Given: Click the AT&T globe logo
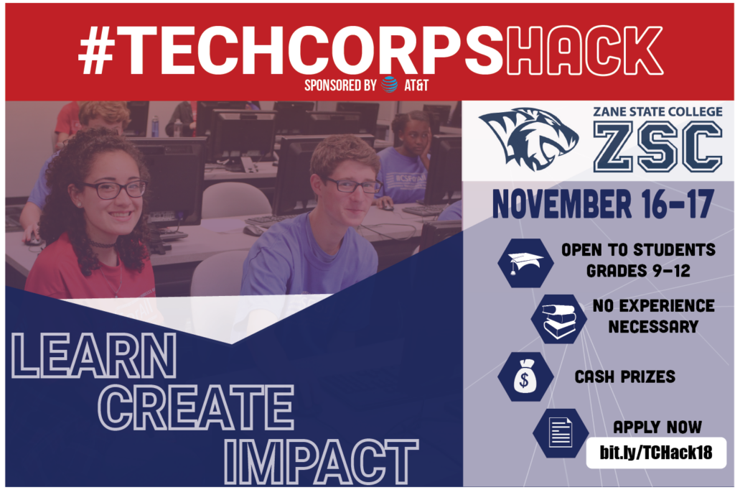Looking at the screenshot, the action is [x=389, y=85].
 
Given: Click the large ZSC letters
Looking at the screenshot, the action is [x=657, y=147].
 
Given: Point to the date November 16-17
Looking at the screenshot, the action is [x=603, y=205].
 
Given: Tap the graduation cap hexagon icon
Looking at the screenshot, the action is [x=525, y=263].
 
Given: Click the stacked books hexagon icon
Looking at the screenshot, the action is [x=558, y=319].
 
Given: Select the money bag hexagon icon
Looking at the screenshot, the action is [x=525, y=376].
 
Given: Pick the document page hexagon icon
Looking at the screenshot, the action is [x=561, y=433].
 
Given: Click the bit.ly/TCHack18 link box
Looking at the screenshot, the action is [x=656, y=453].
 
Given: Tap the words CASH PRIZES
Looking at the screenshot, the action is [x=625, y=376].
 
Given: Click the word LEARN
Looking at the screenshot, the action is [x=94, y=356].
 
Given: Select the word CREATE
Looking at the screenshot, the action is [x=197, y=407].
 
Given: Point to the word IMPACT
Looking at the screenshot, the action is [x=321, y=462].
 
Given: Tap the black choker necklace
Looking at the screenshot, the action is [x=103, y=244].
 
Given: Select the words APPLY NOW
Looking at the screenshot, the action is [x=657, y=427].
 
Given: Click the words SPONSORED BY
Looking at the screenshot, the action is [x=340, y=85].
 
